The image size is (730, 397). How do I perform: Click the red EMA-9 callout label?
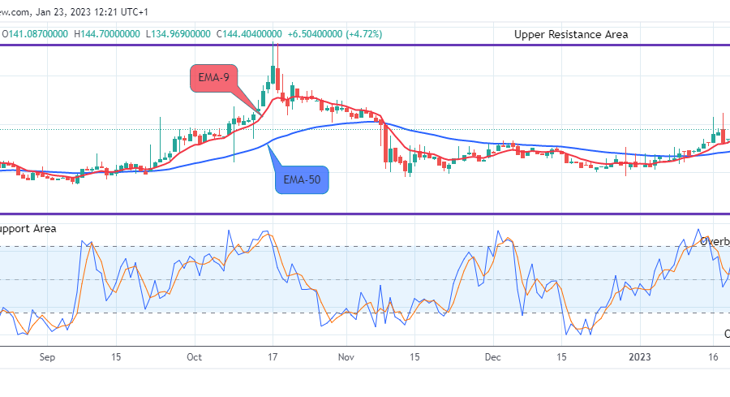point(213,79)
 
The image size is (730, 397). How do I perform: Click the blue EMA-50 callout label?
point(302,179)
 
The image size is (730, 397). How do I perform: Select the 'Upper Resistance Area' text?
point(571,34)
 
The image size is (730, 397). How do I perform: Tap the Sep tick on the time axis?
point(47,356)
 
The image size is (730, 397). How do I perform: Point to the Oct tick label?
point(195,356)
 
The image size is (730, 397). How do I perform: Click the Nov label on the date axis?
point(346,356)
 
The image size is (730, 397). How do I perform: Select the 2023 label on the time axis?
point(641,356)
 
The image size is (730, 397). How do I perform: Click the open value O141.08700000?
point(36,34)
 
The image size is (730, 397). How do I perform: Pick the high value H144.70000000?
point(106,34)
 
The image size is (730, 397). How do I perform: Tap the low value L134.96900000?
point(177,34)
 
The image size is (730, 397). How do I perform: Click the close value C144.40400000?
point(247,34)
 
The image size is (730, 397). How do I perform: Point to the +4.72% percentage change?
point(364,34)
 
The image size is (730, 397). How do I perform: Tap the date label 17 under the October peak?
point(273,356)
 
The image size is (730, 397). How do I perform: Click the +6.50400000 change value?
point(314,34)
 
